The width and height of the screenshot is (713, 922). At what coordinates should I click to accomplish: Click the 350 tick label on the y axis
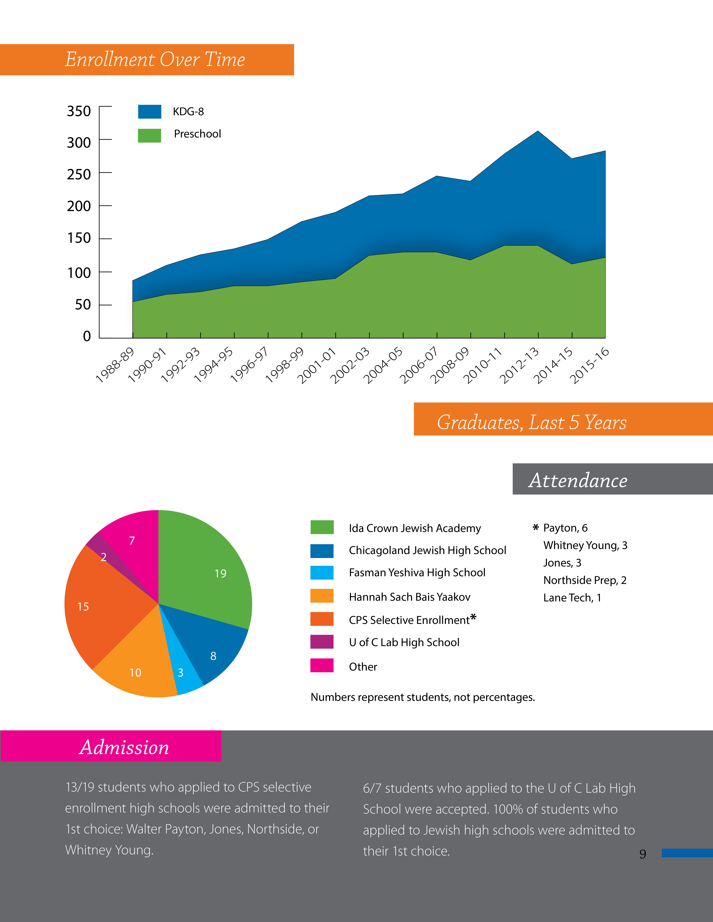coord(79,111)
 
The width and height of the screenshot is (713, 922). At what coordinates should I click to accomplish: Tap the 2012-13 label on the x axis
coord(519,366)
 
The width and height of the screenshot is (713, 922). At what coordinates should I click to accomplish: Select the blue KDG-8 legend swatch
coord(150,112)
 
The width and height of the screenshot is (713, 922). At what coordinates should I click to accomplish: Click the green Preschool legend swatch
coord(150,136)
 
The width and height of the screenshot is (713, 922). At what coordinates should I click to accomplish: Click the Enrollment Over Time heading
coord(155,60)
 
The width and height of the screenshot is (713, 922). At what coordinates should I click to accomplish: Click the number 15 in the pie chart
coord(83,607)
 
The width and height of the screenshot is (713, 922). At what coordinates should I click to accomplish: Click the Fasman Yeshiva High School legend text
coord(417,572)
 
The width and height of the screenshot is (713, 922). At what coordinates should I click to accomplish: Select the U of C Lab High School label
coord(404,642)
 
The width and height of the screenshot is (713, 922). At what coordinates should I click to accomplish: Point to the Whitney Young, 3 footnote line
coord(585,545)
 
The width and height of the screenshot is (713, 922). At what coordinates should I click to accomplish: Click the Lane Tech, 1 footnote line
coord(572,598)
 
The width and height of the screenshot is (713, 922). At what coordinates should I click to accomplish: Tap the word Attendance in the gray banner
coord(578,480)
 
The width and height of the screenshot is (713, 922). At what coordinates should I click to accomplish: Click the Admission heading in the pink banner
coord(124,748)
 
